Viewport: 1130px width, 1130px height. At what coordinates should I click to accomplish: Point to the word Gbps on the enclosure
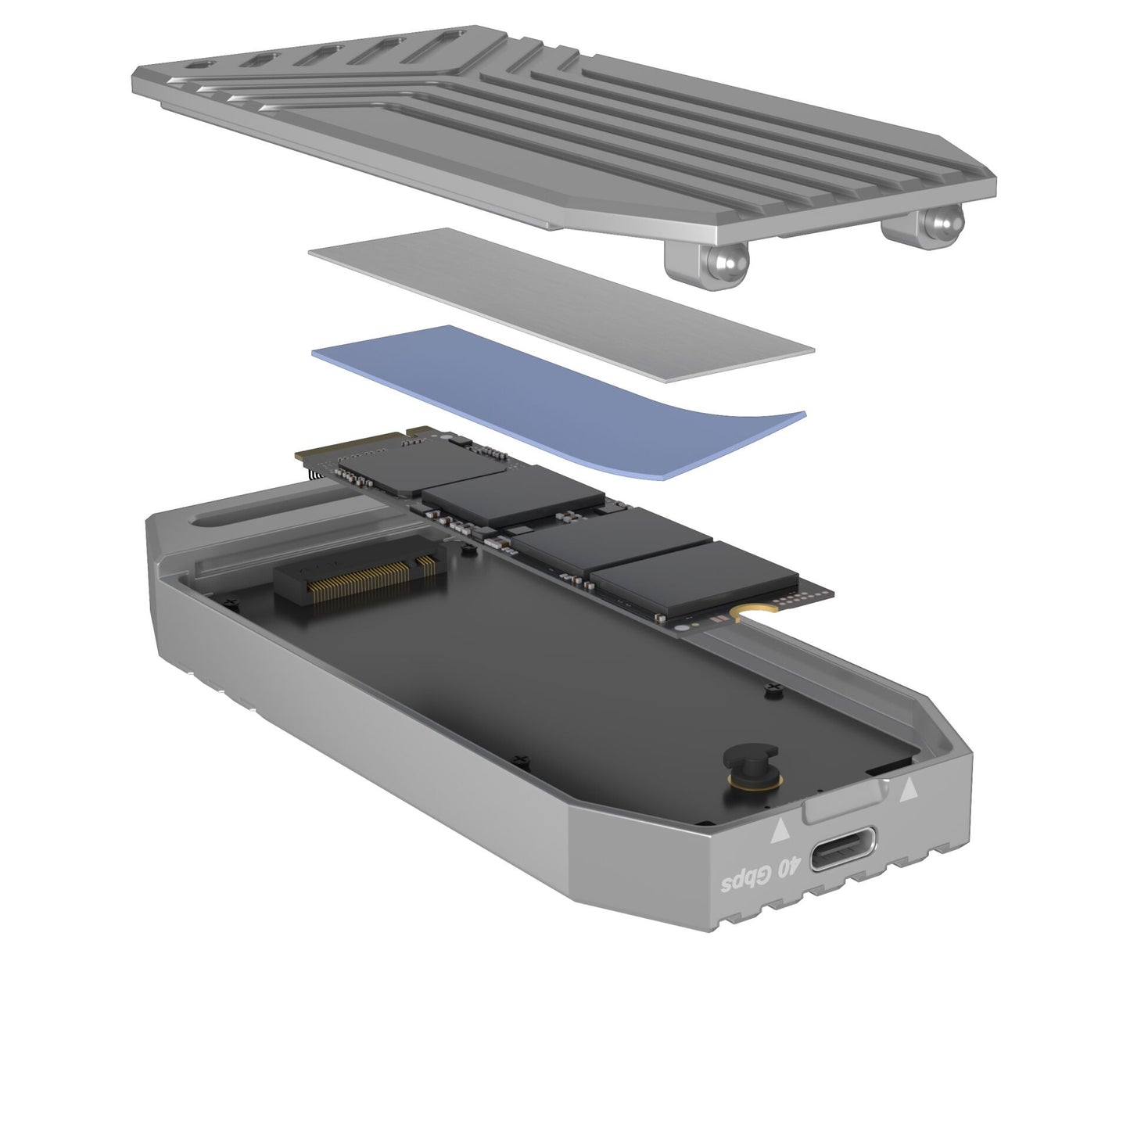744,884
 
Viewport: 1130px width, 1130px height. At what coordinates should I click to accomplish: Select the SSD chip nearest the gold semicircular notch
694,575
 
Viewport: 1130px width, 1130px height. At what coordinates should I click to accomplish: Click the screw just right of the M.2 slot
468,550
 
